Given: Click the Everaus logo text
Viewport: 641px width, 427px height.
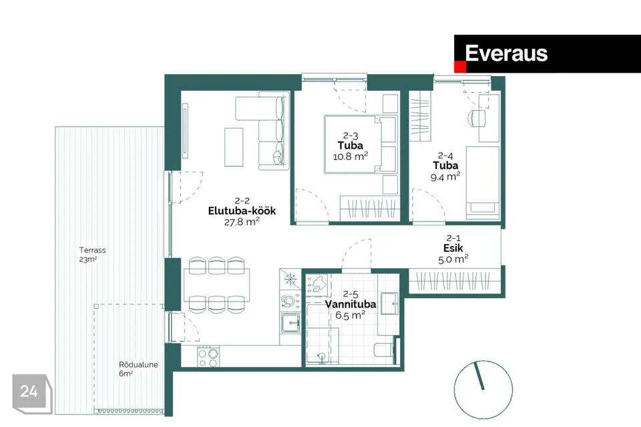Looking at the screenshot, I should (x=506, y=53).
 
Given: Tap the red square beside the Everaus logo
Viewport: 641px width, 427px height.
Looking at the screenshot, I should (x=459, y=67).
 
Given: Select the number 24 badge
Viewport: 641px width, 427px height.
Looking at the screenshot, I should (x=29, y=392).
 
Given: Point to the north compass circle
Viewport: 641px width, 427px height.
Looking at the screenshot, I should (x=483, y=390).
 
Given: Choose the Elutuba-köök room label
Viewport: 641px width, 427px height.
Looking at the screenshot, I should (x=242, y=211).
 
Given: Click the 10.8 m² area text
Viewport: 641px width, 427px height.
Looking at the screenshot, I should (x=351, y=157).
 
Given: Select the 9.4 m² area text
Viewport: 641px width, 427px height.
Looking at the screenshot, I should (x=445, y=177).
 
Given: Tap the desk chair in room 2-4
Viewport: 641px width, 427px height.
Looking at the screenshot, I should (x=477, y=117).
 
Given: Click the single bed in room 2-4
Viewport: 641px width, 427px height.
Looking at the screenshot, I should (x=482, y=181).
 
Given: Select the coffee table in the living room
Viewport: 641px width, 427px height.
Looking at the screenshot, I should (x=234, y=147).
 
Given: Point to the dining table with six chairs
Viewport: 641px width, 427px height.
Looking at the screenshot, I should (x=217, y=284).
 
